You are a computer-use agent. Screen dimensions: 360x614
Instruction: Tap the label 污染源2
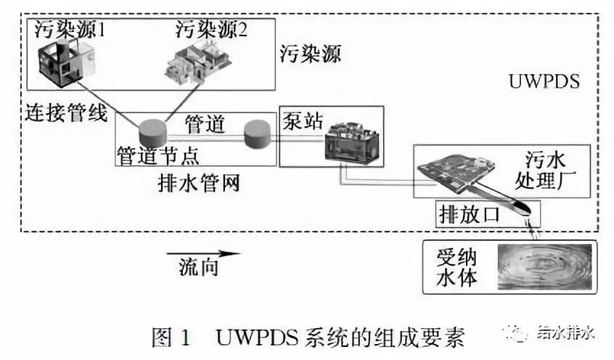point(210,30)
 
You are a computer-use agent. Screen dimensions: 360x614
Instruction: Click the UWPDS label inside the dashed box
point(545,81)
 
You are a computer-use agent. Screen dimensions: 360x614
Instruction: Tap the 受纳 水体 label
point(457,267)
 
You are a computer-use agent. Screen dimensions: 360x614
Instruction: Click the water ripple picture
point(543,266)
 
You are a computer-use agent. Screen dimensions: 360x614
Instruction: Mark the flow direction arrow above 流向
point(202,254)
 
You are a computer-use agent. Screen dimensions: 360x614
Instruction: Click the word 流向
point(198,268)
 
